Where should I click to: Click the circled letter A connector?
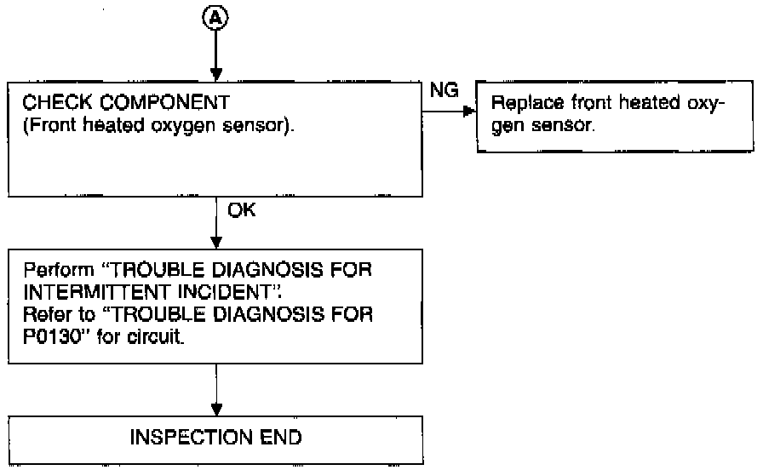pyautogui.click(x=215, y=19)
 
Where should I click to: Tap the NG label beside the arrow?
pyautogui.click(x=444, y=90)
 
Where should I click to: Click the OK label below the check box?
pyautogui.click(x=241, y=209)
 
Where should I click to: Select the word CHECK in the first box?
pyautogui.click(x=57, y=103)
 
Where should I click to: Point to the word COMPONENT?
pyautogui.click(x=165, y=103)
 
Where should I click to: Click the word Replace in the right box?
pyautogui.click(x=527, y=103)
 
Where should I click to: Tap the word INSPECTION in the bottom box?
pyautogui.click(x=191, y=437)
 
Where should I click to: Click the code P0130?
pyautogui.click(x=51, y=336)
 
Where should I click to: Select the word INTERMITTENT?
pyautogui.click(x=96, y=292)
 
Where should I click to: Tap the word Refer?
pyautogui.click(x=46, y=314)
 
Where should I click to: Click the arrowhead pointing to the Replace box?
pyautogui.click(x=469, y=112)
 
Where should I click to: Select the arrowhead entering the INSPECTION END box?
pyautogui.click(x=216, y=410)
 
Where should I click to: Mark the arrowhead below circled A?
pyautogui.click(x=216, y=74)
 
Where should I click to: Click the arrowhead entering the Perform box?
pyautogui.click(x=216, y=243)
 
